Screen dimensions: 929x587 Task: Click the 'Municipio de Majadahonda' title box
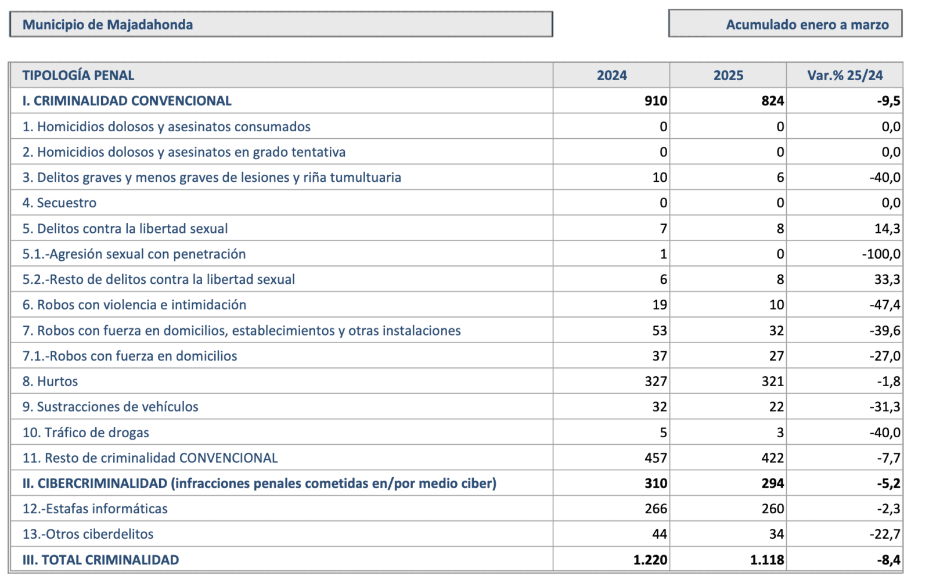281,24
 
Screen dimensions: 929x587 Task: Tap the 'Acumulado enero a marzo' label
807,25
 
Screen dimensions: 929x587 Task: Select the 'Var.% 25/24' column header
845,75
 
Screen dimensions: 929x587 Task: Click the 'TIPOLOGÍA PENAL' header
78,75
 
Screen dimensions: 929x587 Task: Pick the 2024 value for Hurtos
656,381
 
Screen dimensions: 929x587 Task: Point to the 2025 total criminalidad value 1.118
767,560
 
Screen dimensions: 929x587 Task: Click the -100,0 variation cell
881,254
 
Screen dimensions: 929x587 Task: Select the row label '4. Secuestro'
59,203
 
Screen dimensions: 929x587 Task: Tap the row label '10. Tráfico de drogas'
85,433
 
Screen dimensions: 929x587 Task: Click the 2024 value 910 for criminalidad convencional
656,101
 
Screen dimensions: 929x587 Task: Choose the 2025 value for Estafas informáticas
773,509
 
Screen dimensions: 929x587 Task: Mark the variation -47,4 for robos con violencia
885,305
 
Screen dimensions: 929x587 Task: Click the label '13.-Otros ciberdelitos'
88,534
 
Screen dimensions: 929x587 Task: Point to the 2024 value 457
656,458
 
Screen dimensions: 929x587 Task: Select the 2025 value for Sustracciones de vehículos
776,407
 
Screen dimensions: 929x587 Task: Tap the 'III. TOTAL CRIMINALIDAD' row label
101,560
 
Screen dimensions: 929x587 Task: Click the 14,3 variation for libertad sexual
888,229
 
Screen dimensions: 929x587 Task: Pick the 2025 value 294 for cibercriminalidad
773,483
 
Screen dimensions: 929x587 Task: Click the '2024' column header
612,75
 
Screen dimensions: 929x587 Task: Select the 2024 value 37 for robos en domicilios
660,356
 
